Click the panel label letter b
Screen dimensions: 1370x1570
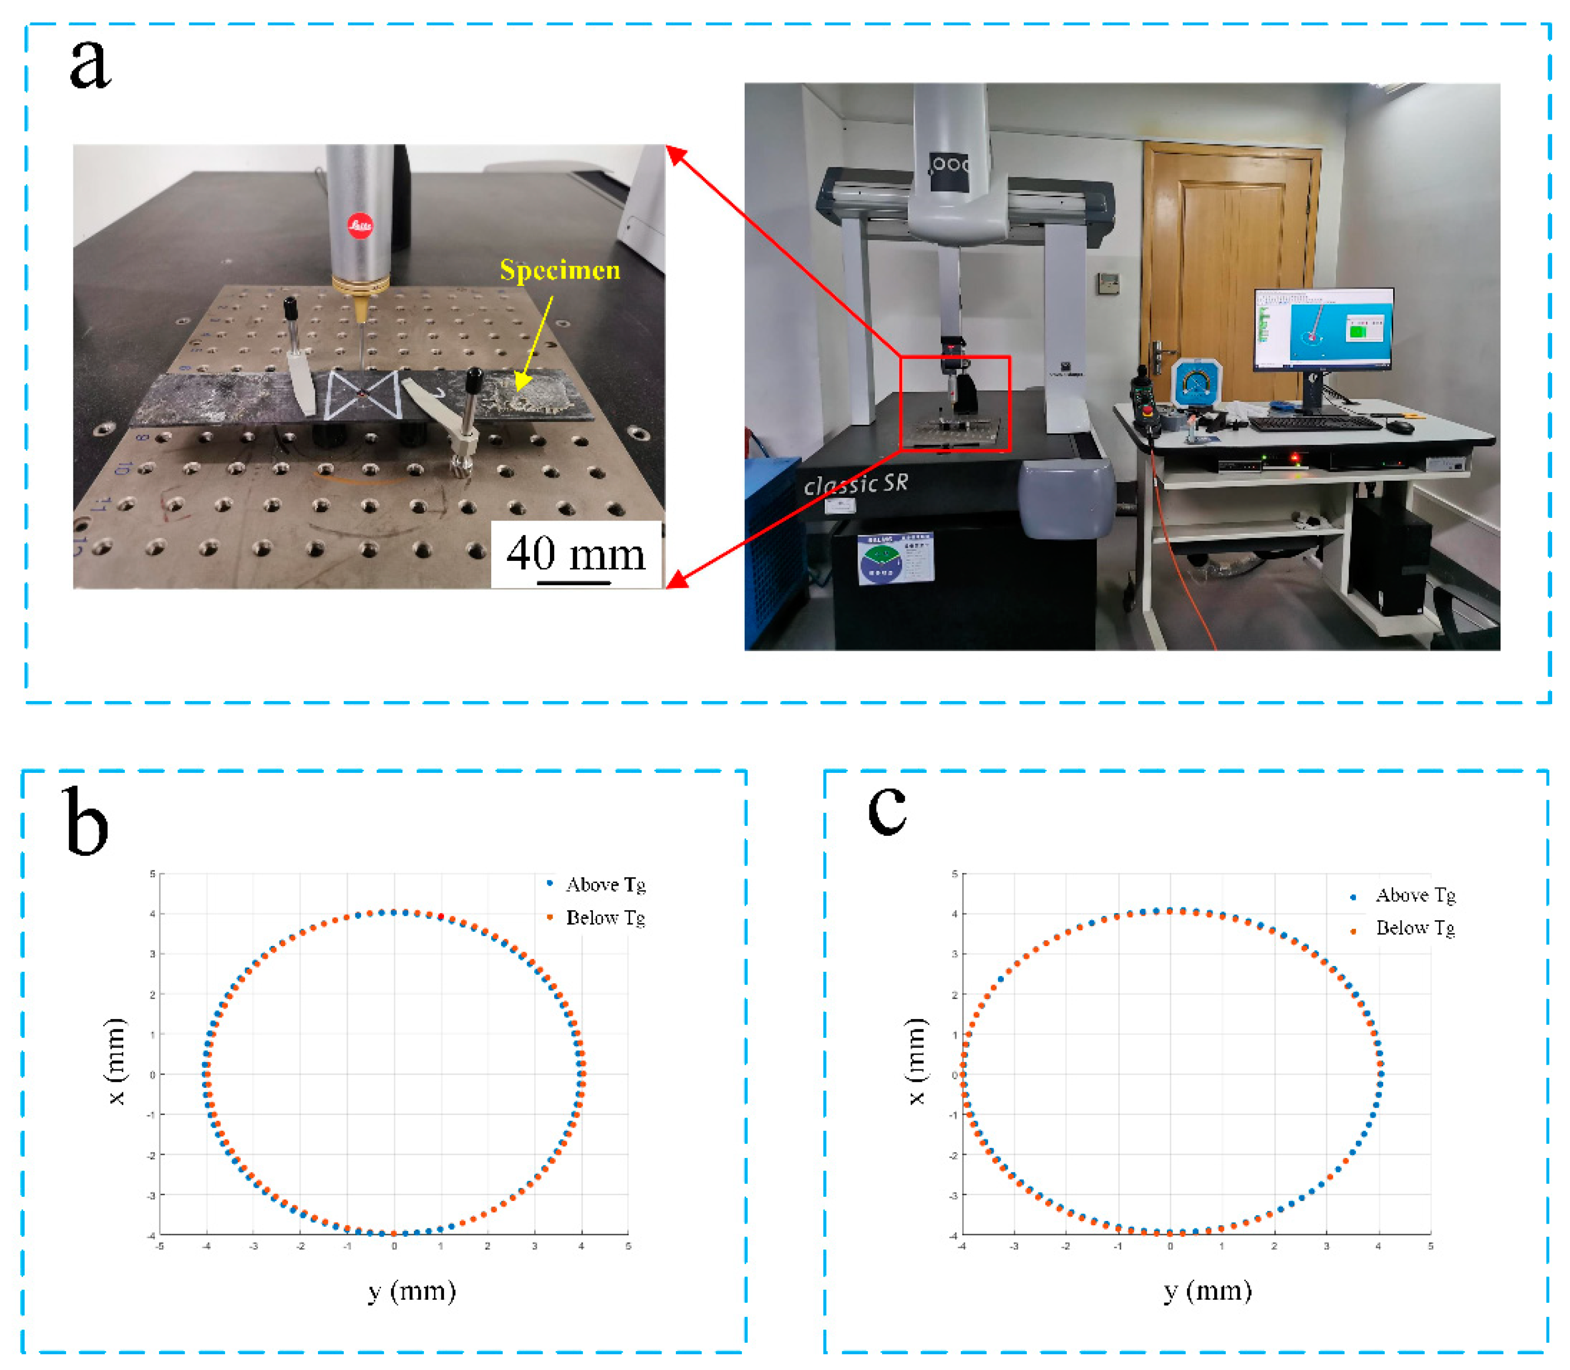pyautogui.click(x=85, y=821)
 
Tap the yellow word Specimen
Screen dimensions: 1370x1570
pyautogui.click(x=559, y=270)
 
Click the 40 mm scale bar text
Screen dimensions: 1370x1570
pyautogui.click(x=576, y=554)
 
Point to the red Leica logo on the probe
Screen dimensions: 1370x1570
pyautogui.click(x=360, y=225)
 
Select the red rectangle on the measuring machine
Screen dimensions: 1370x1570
pyautogui.click(x=954, y=403)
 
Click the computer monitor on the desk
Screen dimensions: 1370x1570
pyautogui.click(x=1323, y=330)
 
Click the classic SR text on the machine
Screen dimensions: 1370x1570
pyautogui.click(x=855, y=483)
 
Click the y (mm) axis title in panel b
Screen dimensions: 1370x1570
pyautogui.click(x=411, y=1292)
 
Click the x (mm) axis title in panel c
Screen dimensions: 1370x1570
pyautogui.click(x=917, y=1062)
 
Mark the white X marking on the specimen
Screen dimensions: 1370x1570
pyautogui.click(x=362, y=394)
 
